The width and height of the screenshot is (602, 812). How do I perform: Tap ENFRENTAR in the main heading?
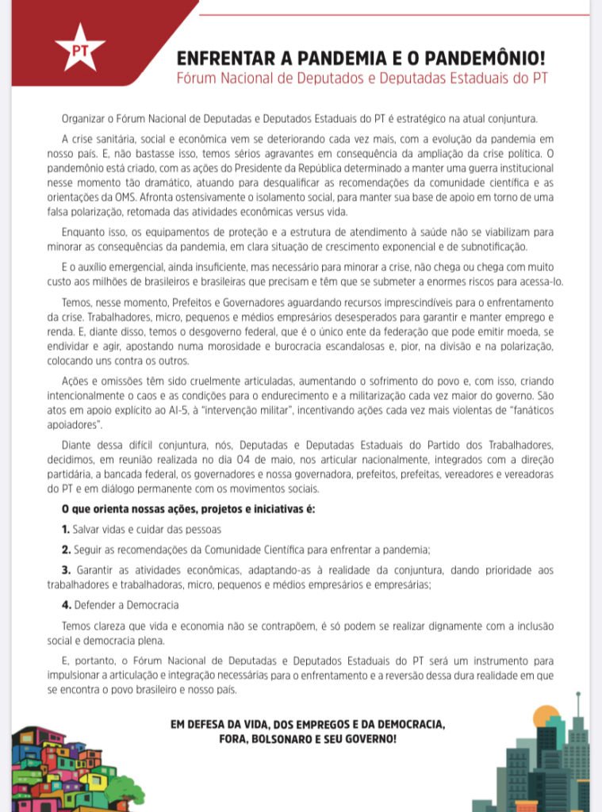pyautogui.click(x=219, y=59)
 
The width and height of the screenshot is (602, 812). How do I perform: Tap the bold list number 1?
pyautogui.click(x=66, y=528)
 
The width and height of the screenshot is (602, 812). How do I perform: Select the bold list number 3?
pyautogui.click(x=66, y=570)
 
